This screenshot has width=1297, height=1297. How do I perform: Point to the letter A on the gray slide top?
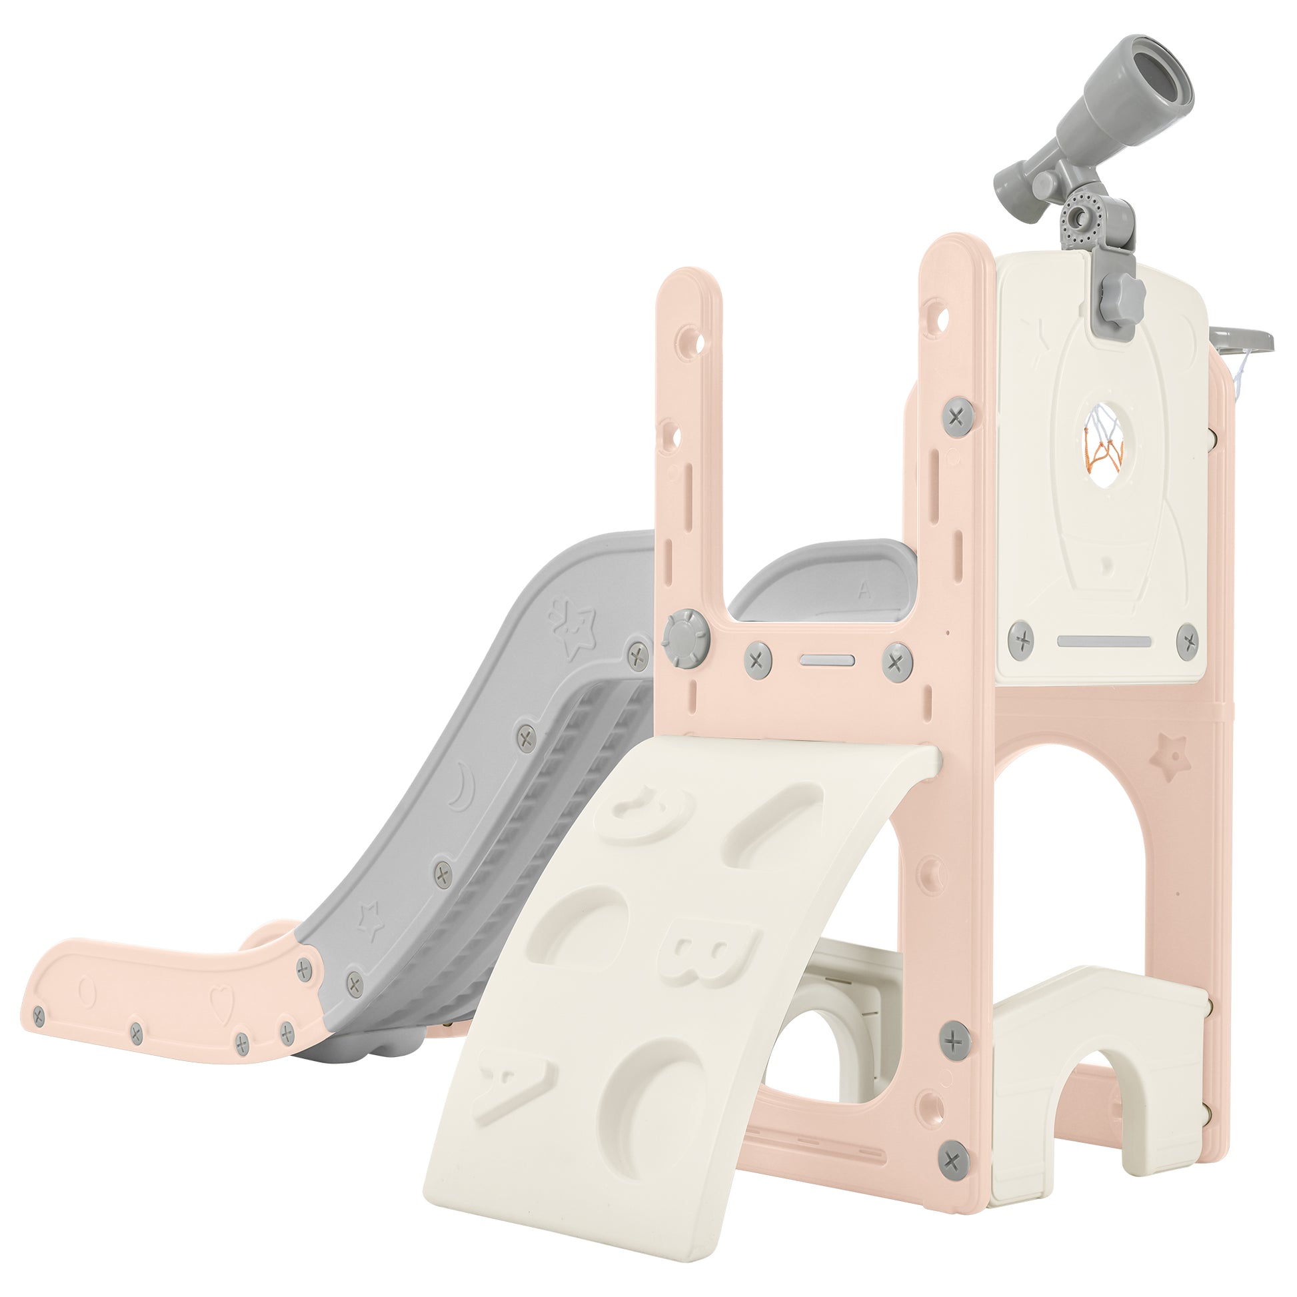(x=864, y=591)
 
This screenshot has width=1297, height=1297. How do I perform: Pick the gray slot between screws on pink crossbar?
(x=827, y=660)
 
